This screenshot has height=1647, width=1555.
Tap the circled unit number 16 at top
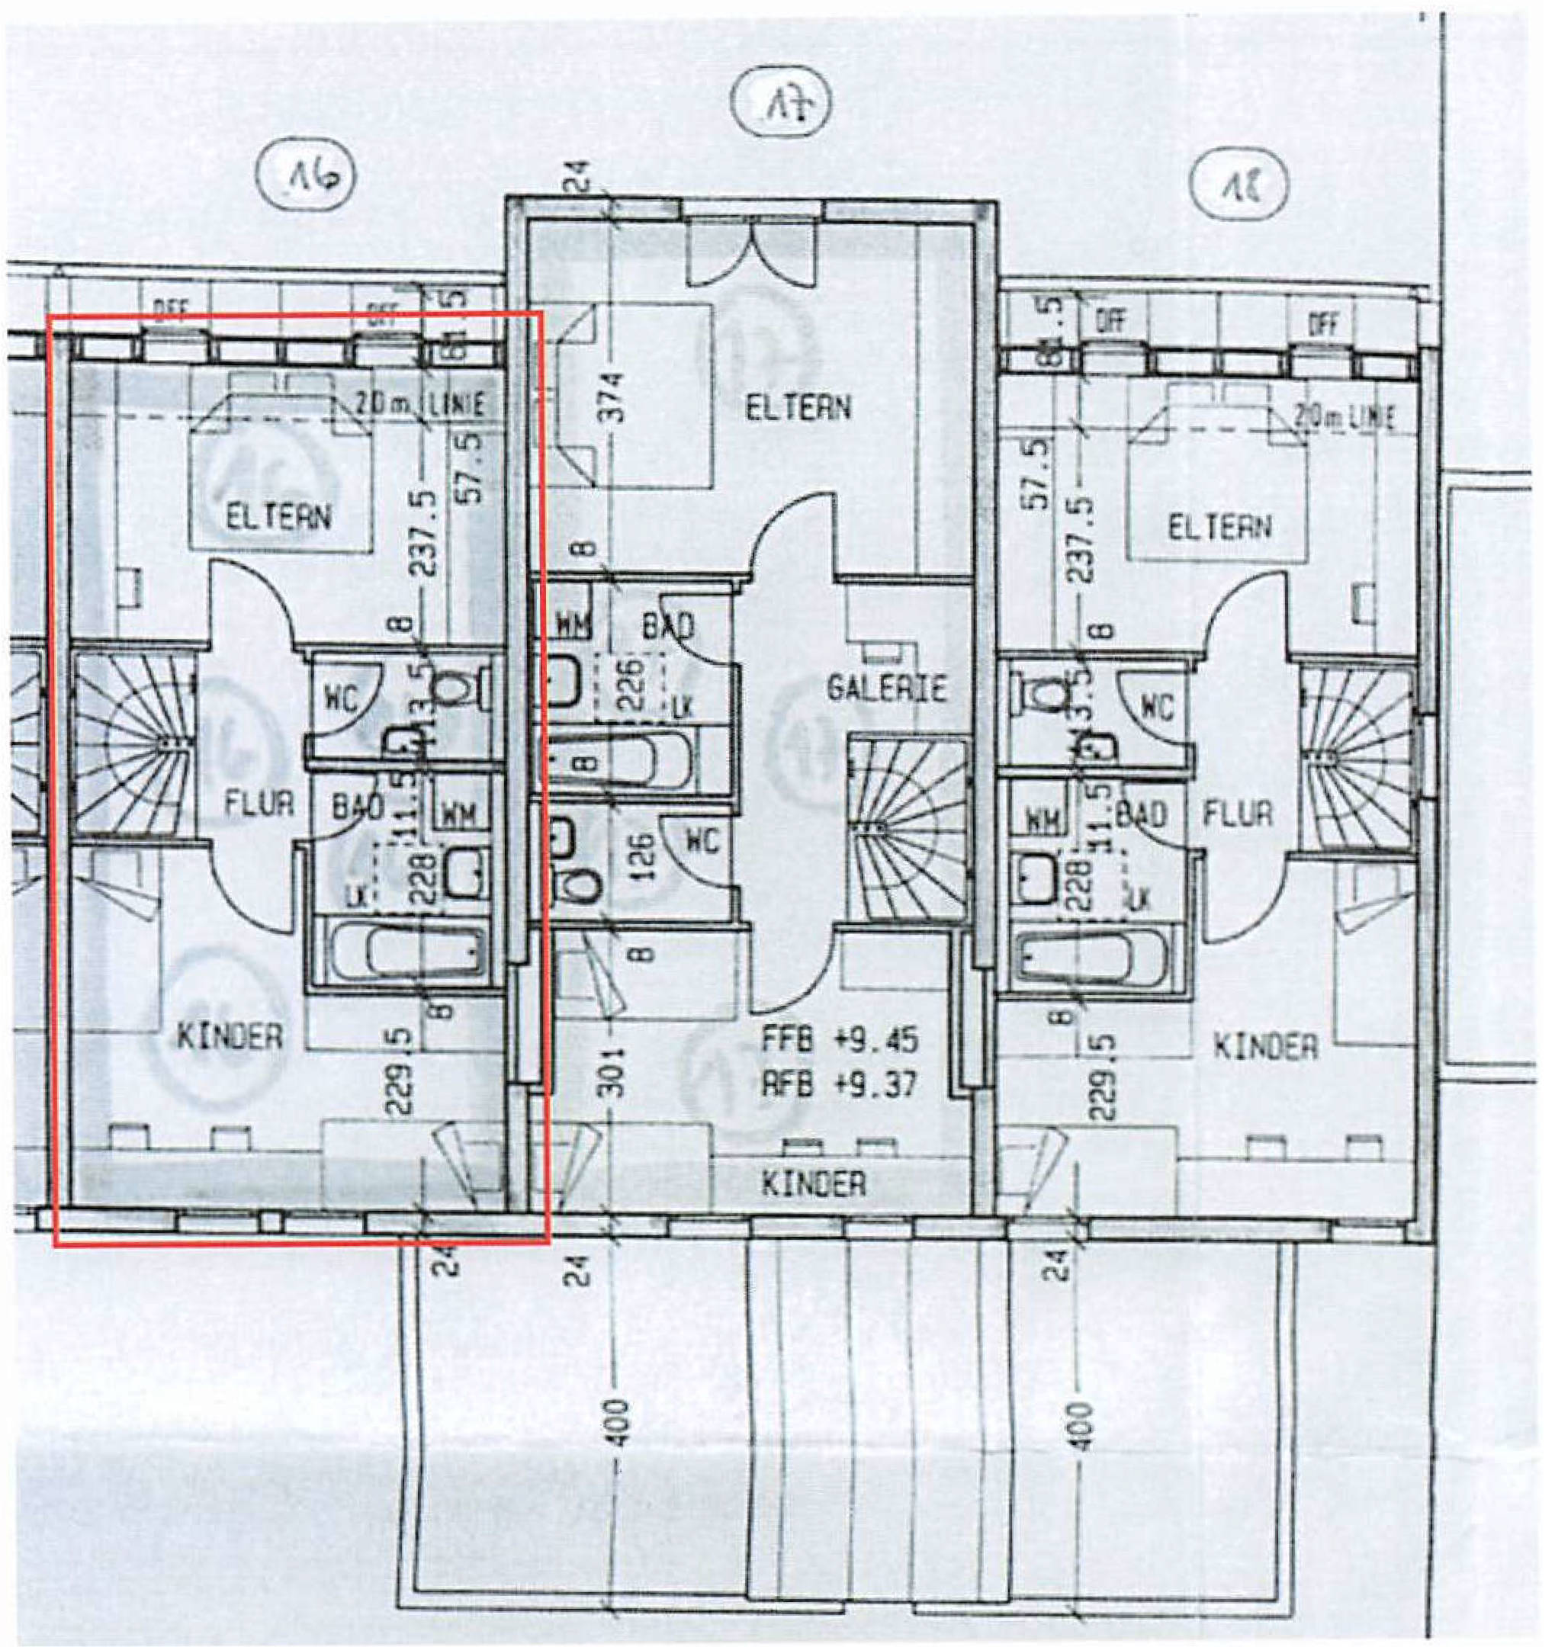point(306,179)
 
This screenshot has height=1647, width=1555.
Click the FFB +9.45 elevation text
point(840,1040)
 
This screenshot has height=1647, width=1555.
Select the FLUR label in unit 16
point(259,804)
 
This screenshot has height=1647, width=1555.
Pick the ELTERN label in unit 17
point(798,409)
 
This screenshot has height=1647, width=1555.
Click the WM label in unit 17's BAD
point(573,625)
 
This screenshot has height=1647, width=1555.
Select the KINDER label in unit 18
point(1264,1047)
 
